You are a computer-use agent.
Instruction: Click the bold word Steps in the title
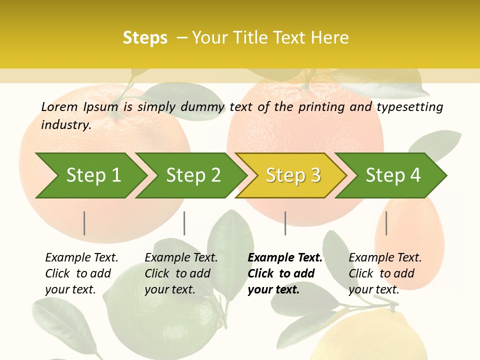tap(145, 38)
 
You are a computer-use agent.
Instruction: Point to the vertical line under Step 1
tap(84, 223)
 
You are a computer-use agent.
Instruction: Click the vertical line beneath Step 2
tap(184, 223)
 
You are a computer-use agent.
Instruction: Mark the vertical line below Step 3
tap(285, 223)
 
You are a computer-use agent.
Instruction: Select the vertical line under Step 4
tap(386, 223)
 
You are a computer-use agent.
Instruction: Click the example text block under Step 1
tap(81, 273)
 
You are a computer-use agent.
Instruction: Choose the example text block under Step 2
tap(180, 273)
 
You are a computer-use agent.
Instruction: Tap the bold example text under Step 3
tap(284, 273)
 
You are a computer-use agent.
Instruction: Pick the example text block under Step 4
tap(384, 273)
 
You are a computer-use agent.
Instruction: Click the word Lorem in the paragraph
tap(59, 106)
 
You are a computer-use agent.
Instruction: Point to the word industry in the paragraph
tap(66, 125)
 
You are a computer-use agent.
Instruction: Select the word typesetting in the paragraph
tap(409, 107)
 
